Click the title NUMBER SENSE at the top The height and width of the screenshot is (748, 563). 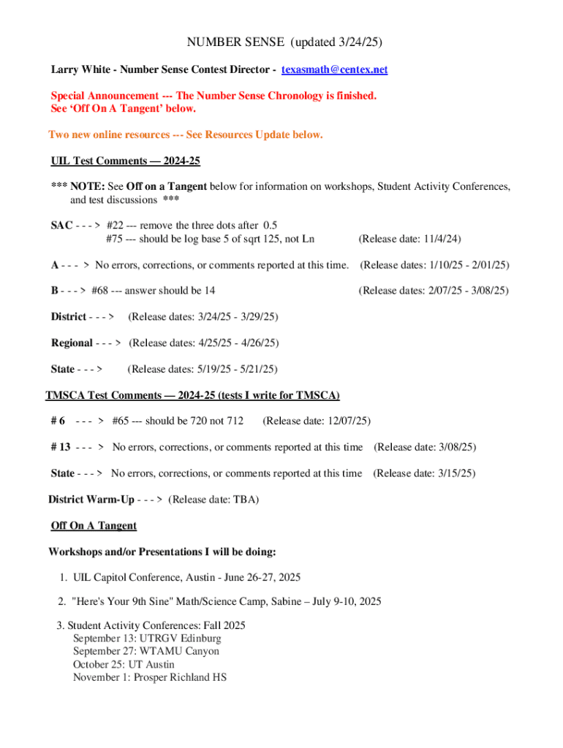tap(235, 42)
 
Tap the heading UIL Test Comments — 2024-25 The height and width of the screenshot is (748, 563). tap(125, 161)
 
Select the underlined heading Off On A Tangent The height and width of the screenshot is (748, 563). tap(94, 526)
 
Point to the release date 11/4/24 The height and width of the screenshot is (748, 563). tap(438, 239)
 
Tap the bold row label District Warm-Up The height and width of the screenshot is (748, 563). tap(91, 500)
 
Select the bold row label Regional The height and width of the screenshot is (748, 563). tap(72, 343)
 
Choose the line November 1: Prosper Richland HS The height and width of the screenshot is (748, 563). tap(149, 678)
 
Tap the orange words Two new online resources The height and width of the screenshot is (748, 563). tap(113, 135)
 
